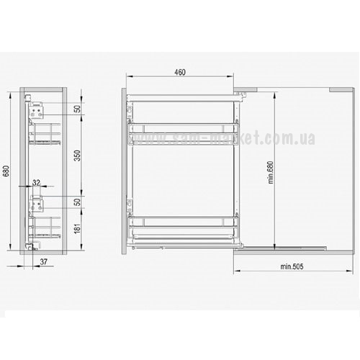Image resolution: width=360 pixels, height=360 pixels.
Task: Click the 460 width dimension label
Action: tap(180, 72)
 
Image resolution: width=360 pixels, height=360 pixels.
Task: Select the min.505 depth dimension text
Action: tap(292, 266)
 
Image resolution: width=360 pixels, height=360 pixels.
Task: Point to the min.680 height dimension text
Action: tap(271, 172)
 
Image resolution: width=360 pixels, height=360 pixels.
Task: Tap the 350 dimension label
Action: tap(77, 156)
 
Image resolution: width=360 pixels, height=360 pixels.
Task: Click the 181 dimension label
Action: tap(77, 228)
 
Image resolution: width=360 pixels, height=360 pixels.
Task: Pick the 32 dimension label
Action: tap(36, 183)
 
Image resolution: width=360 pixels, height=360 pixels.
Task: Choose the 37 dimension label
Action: tap(43, 261)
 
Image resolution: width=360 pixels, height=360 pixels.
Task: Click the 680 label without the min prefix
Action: tap(6, 171)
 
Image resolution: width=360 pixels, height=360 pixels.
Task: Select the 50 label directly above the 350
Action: tap(77, 109)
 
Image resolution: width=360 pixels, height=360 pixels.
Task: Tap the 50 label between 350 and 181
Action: tap(77, 202)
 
